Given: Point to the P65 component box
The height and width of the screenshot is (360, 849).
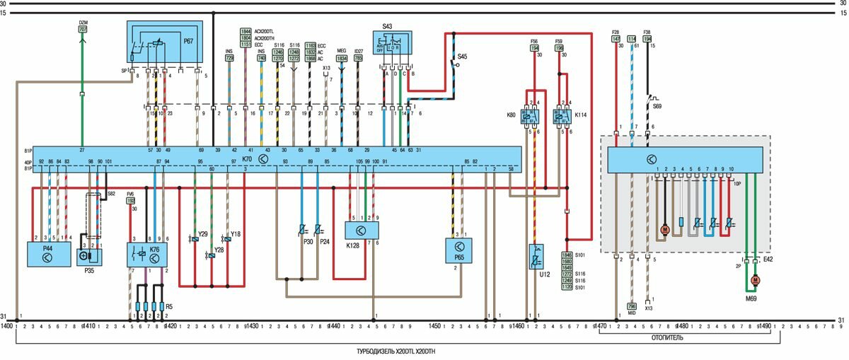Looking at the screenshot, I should point(458,250).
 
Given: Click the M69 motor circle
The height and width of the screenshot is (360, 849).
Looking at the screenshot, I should point(755,281).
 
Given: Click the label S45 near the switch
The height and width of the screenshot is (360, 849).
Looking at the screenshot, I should point(462,56).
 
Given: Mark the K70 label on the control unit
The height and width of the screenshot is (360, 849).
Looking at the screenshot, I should point(248,160).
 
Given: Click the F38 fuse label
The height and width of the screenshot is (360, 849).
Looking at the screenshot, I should point(647,32).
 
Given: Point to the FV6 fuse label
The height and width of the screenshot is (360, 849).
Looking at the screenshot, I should point(130,194).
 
